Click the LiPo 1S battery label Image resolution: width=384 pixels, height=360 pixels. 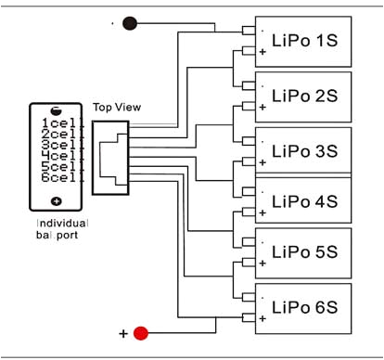[301, 42]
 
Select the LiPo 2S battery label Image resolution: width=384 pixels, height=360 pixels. [301, 95]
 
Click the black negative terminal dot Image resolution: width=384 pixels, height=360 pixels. [130, 23]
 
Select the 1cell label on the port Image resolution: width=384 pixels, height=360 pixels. [56, 122]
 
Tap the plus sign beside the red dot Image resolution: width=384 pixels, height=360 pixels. [122, 332]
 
